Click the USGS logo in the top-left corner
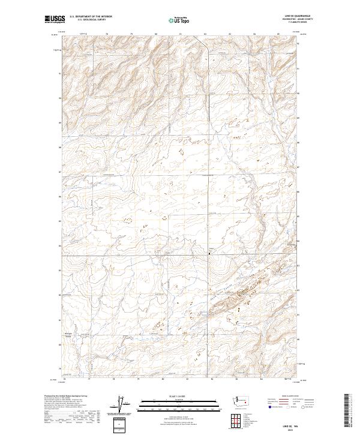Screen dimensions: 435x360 click(53, 20)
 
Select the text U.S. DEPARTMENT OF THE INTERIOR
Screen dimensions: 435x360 click(91, 17)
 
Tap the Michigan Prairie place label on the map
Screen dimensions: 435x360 click(68, 334)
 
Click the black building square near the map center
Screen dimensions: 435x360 click(209, 254)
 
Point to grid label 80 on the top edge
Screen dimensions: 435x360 click(156, 34)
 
